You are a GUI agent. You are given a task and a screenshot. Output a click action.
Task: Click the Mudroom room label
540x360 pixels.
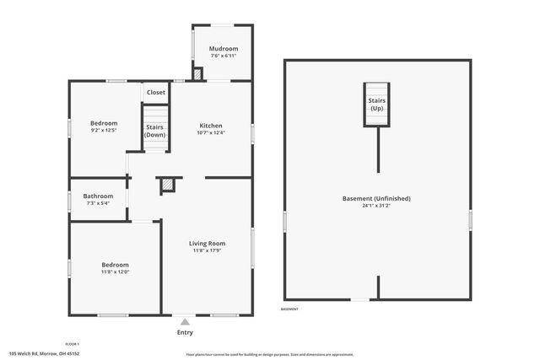click(x=224, y=49)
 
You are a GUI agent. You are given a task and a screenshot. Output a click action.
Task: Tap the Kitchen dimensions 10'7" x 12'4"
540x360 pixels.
click(x=211, y=132)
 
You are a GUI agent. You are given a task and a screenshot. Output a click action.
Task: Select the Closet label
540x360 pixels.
click(x=156, y=92)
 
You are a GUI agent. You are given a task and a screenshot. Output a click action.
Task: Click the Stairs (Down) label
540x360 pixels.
click(x=155, y=131)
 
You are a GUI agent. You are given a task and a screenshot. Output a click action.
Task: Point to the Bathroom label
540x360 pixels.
click(x=99, y=196)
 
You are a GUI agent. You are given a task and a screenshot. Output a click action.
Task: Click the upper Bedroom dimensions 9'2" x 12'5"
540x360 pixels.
click(x=104, y=130)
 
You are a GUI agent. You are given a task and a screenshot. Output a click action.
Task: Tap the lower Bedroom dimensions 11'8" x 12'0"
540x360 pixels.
click(x=116, y=271)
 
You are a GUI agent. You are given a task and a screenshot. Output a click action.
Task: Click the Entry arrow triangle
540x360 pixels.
click(x=185, y=321)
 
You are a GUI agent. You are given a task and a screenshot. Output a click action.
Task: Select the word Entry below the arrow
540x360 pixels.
click(x=185, y=332)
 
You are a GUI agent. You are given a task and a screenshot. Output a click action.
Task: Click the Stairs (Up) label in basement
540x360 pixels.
click(x=377, y=105)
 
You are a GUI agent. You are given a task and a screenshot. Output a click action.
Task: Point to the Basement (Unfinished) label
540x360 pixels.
click(x=376, y=198)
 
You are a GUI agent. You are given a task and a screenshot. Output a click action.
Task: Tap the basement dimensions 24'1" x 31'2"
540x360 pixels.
click(x=376, y=206)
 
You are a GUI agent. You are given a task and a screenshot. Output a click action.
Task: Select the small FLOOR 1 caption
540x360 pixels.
click(x=73, y=344)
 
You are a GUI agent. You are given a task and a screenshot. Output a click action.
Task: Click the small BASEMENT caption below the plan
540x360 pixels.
click(x=289, y=309)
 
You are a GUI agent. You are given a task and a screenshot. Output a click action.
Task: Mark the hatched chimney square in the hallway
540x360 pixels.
click(x=168, y=184)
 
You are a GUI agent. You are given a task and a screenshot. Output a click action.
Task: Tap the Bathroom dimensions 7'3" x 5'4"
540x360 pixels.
click(x=99, y=203)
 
